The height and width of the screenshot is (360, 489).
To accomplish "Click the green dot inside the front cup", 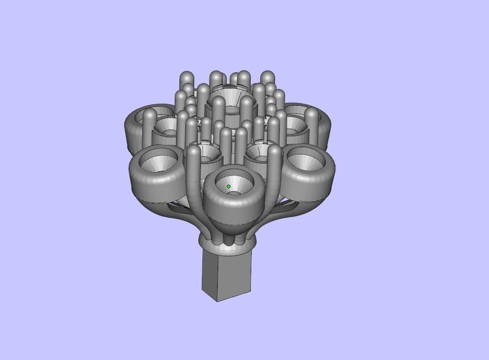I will (229, 186).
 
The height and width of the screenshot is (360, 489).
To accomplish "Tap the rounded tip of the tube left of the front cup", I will (193, 152).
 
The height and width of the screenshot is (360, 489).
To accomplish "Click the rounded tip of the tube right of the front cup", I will (275, 152).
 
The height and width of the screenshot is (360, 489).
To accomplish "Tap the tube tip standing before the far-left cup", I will (150, 115).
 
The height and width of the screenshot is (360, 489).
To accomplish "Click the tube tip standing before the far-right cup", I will (312, 115).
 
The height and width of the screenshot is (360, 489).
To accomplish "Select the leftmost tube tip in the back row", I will (186, 77).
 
